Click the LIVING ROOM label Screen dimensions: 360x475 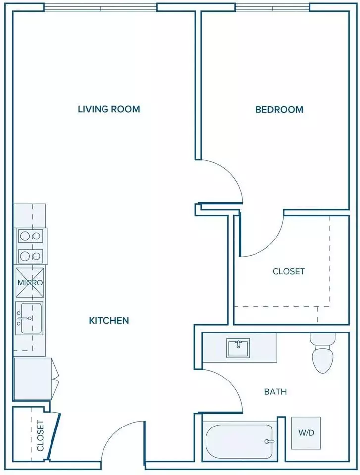(109, 109)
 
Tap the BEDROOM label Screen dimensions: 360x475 (279, 109)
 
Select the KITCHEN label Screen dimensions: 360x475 (109, 320)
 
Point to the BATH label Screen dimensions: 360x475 (275, 392)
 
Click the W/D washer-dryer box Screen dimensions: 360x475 (306, 433)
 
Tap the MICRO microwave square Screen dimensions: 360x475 (30, 283)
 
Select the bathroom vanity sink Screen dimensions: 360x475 (238, 348)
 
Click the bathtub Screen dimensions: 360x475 (240, 442)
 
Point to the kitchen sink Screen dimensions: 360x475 (29, 318)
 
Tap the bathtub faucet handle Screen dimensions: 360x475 (269, 441)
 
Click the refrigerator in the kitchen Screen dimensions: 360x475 (33, 379)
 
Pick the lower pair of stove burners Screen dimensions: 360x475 (30, 256)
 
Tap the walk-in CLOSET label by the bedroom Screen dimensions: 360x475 (288, 271)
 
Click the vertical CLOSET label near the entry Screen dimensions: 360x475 (40, 435)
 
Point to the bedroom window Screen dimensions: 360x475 (273, 7)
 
